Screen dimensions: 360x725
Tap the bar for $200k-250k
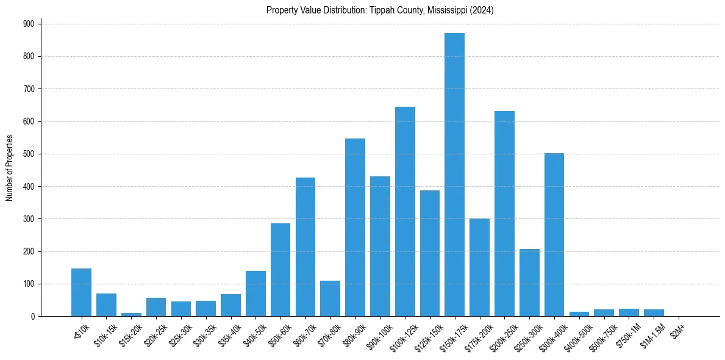pos(504,214)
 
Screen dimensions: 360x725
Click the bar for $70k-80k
pos(330,298)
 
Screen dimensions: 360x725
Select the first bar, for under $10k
pos(81,292)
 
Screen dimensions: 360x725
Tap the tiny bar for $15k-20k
pos(131,314)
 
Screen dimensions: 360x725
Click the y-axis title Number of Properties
pos(9,168)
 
